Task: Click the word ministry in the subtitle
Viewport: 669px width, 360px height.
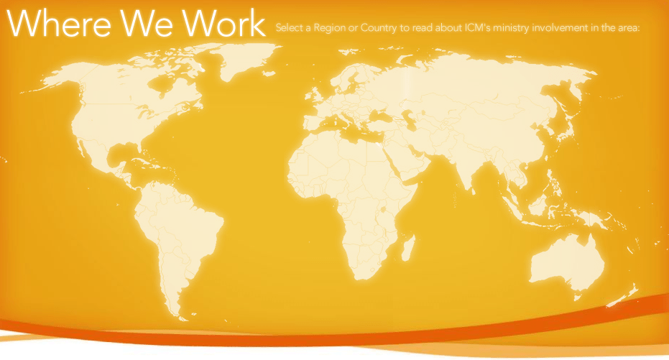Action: [x=518, y=29]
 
